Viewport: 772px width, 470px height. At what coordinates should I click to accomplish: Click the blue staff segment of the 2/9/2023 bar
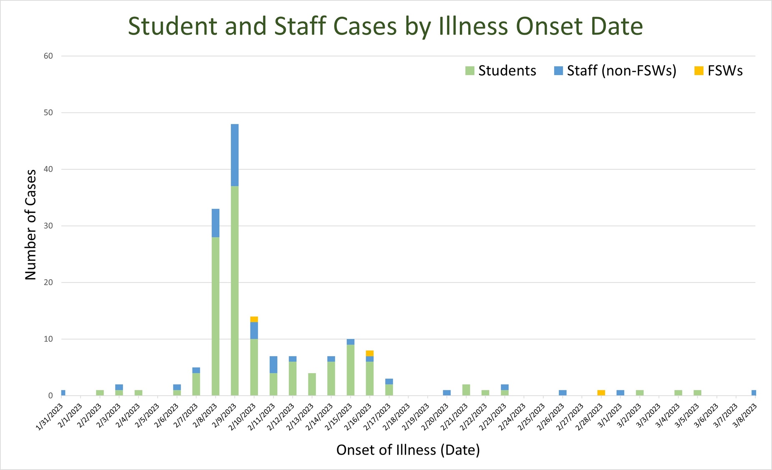click(235, 155)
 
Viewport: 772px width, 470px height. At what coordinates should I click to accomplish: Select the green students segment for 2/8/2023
click(215, 316)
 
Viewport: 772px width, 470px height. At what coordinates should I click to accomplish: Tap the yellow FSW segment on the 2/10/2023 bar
click(254, 319)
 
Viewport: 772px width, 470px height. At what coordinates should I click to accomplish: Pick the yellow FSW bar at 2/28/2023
click(601, 393)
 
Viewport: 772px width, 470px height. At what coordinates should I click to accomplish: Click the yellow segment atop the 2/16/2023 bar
click(370, 353)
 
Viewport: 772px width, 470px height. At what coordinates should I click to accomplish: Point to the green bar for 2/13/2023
click(312, 384)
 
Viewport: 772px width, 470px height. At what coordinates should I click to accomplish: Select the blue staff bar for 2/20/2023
click(447, 393)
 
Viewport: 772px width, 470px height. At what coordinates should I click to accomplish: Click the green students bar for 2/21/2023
click(466, 390)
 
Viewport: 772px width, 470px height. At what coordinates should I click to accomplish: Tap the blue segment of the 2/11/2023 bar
click(273, 364)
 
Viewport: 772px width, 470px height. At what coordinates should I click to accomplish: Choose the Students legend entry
click(501, 71)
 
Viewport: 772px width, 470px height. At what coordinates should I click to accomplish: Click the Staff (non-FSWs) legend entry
click(615, 71)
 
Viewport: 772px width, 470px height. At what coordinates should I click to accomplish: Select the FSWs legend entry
click(719, 71)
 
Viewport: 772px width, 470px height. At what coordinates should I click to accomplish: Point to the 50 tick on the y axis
click(48, 113)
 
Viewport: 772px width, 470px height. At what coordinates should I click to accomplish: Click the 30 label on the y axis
click(48, 226)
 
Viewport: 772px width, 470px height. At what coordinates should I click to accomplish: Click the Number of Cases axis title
click(31, 225)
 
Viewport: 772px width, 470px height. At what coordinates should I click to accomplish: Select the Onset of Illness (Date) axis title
click(408, 450)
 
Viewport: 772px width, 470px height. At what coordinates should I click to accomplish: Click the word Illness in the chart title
click(473, 26)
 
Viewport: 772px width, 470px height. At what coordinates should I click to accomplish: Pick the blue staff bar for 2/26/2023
click(563, 393)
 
